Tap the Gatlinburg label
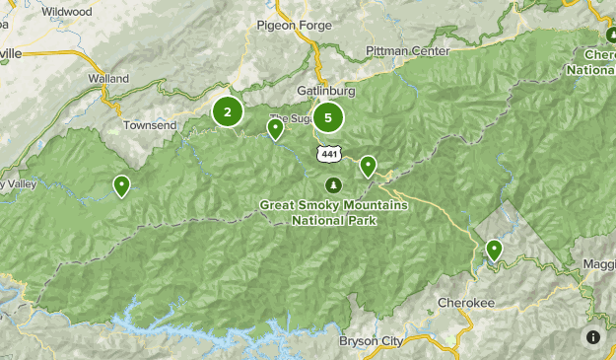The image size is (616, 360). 325,91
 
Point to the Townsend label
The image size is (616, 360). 150,126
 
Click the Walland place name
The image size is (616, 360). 108,78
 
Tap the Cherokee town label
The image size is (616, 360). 465,302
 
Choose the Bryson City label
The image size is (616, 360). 371,341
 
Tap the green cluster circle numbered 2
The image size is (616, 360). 228,112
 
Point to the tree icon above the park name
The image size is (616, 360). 333,184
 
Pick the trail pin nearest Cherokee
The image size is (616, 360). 494,251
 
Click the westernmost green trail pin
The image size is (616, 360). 121,184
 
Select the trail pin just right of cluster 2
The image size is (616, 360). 276,127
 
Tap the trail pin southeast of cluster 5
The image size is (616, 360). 368,166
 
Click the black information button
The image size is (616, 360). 593,337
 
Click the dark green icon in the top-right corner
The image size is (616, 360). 610,35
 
